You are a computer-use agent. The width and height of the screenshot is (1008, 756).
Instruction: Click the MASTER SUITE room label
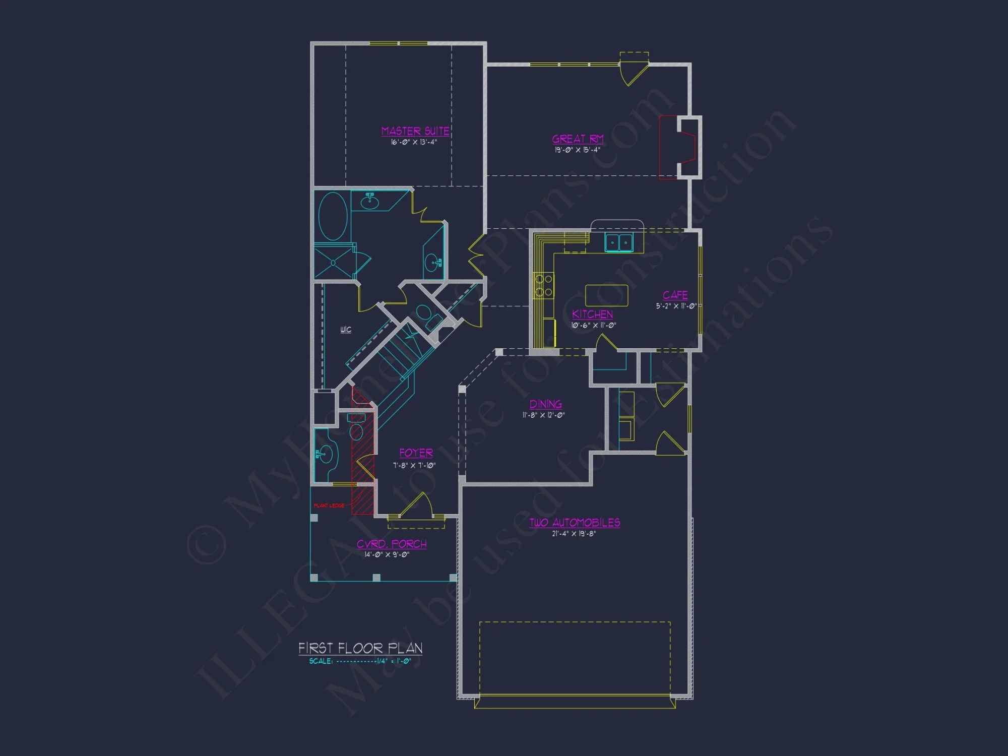[x=415, y=131]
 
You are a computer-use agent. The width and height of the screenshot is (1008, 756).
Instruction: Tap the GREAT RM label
[x=578, y=139]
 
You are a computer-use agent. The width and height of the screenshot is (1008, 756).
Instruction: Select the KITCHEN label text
[x=592, y=314]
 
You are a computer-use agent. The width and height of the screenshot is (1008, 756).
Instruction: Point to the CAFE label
[x=675, y=295]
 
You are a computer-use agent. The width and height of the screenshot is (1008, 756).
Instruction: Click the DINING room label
[x=545, y=404]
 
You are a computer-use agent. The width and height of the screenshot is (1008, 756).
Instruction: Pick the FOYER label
[x=416, y=453]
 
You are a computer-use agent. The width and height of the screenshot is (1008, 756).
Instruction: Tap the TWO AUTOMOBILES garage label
[x=575, y=522]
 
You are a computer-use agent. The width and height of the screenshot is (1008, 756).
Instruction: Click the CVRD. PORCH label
[x=392, y=544]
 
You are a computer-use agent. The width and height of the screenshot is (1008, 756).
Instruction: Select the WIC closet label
[x=346, y=330]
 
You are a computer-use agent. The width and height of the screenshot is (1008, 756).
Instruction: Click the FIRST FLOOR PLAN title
[x=360, y=648]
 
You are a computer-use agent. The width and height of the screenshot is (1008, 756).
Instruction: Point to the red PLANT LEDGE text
[x=329, y=506]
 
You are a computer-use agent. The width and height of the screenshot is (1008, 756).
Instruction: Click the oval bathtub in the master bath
[x=333, y=216]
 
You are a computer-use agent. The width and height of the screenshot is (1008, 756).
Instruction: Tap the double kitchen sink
[x=619, y=242]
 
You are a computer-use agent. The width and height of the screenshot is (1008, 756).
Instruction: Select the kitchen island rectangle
[x=606, y=295]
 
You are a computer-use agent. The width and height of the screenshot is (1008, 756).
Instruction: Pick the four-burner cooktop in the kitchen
[x=543, y=285]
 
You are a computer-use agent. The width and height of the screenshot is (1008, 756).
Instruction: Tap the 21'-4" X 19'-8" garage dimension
[x=574, y=534]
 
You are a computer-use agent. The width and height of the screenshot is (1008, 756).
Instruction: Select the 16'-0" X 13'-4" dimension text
[x=414, y=142]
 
